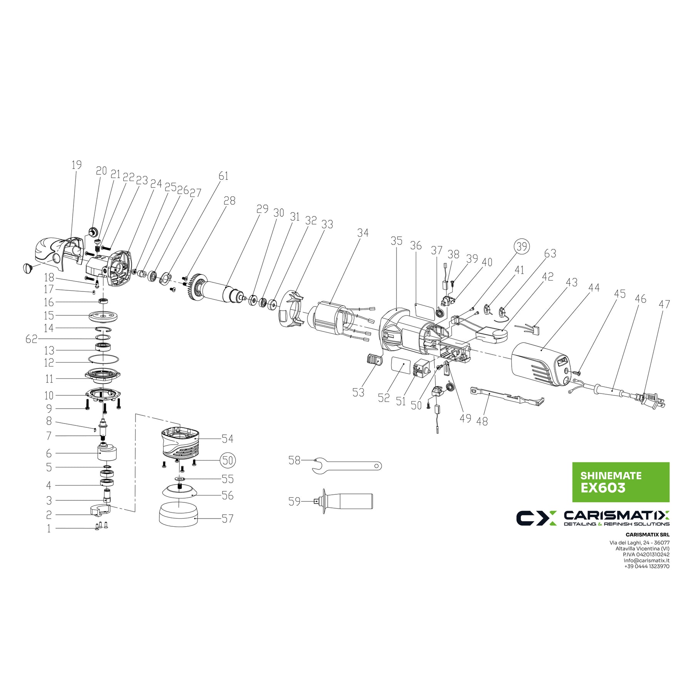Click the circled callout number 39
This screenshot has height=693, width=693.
point(521,246)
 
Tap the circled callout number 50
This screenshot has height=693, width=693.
point(228,460)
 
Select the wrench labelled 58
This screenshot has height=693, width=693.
point(346,465)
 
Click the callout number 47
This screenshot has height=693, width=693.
point(664,304)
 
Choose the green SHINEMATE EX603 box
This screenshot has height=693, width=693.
point(621,482)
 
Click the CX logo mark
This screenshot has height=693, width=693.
point(536,518)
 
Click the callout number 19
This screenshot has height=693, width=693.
point(77,165)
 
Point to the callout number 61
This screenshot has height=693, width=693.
point(223,176)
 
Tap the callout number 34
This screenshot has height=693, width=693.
point(363,233)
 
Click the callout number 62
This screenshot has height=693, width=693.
point(32,339)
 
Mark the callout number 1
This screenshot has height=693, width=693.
point(49,529)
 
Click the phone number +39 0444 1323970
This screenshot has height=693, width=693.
point(647,567)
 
